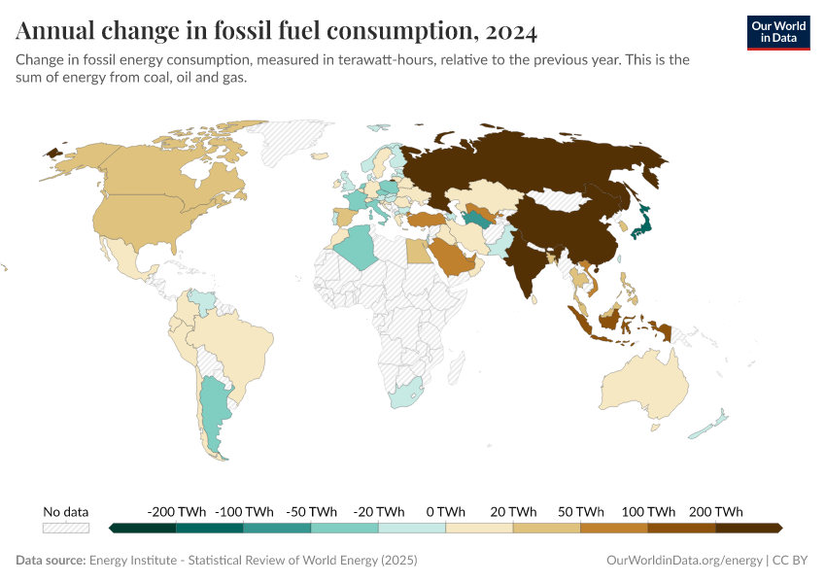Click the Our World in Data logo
tap(777, 32)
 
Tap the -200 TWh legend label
tap(176, 511)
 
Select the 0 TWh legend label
tap(445, 511)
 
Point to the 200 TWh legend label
tap(716, 511)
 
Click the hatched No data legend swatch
tap(66, 528)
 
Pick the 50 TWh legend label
tap(580, 511)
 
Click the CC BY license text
tap(791, 561)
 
